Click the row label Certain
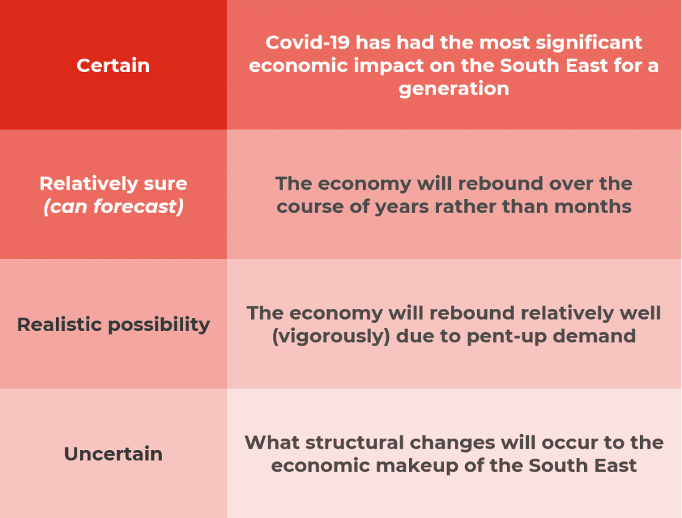(x=113, y=65)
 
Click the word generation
(x=454, y=89)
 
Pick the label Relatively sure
(x=113, y=183)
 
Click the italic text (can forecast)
(x=113, y=206)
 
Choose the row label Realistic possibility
(x=113, y=324)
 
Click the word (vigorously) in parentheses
(x=331, y=336)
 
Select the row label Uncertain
(x=113, y=453)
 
